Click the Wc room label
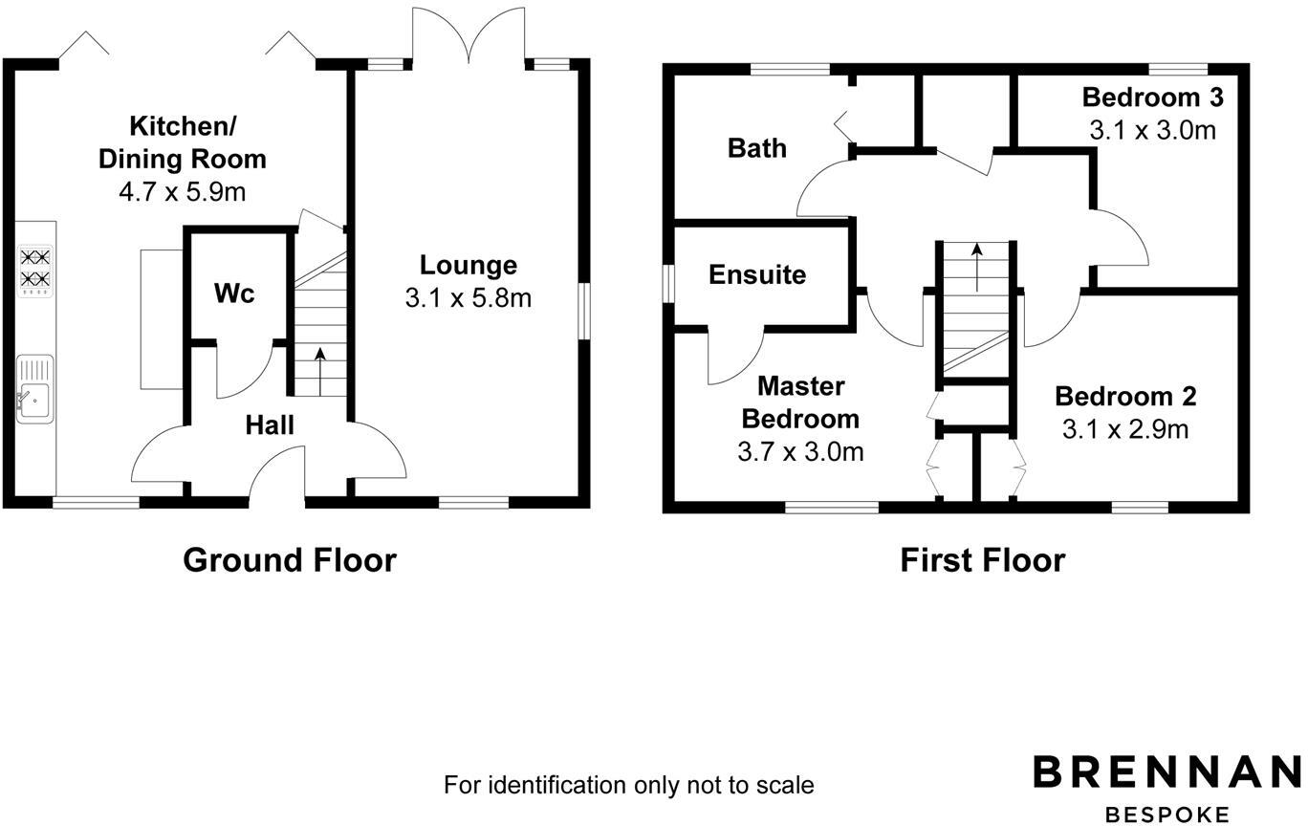[x=234, y=293]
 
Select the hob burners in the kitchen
[x=36, y=269]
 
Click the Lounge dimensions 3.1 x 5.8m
[x=468, y=298]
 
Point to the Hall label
[x=270, y=425]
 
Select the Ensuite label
[x=757, y=274]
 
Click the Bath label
[x=757, y=148]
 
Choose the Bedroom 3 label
[x=1152, y=98]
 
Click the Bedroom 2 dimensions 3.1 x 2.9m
[x=1125, y=429]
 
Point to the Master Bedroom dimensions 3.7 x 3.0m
[x=800, y=451]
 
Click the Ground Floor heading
[x=289, y=559]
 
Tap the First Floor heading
[x=982, y=559]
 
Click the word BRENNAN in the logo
[x=1166, y=772]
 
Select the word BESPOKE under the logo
[x=1166, y=814]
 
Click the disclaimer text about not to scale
[x=628, y=786]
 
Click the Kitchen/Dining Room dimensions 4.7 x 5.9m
[x=182, y=192]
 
